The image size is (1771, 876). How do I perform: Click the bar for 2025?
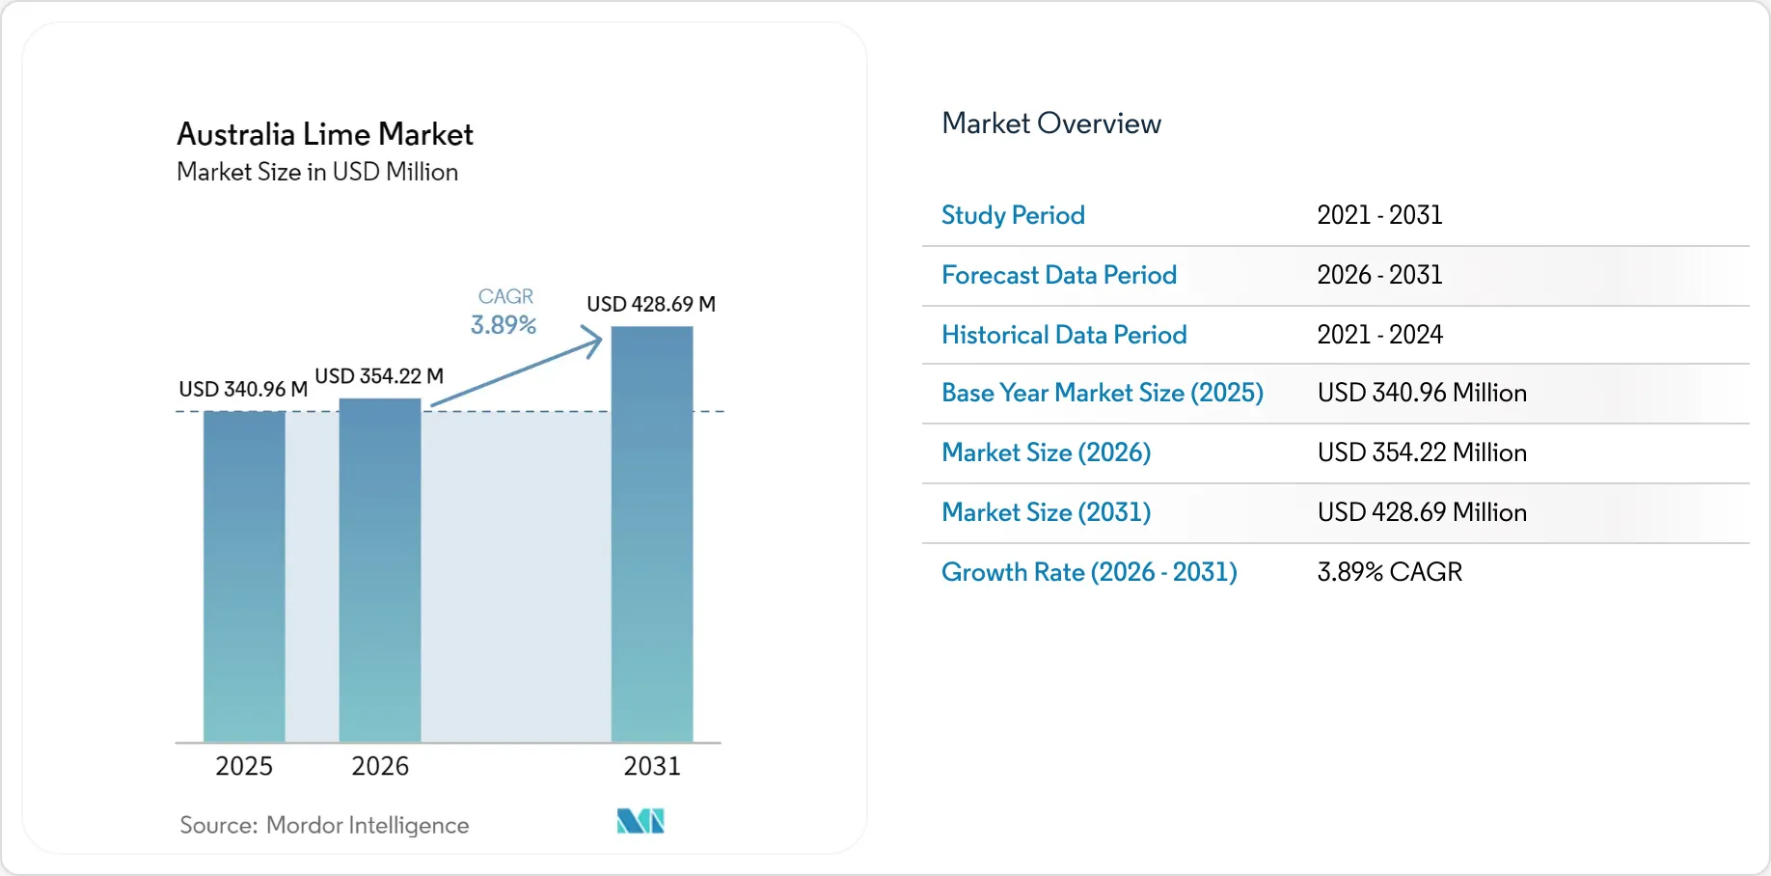click(x=244, y=577)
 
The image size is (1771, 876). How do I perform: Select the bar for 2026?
click(x=380, y=570)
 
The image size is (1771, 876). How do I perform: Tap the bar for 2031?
click(x=652, y=534)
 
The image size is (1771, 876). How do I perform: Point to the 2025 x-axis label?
click(x=244, y=766)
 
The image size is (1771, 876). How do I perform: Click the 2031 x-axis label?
click(x=652, y=766)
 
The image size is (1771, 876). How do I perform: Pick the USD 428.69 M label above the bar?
click(x=651, y=304)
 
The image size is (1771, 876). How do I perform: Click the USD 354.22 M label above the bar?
click(x=379, y=376)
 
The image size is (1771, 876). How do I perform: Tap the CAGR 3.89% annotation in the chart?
click(x=504, y=312)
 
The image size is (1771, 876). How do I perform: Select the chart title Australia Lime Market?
click(x=325, y=134)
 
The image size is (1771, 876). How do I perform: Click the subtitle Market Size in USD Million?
click(x=317, y=172)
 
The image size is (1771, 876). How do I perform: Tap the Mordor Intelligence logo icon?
click(x=640, y=821)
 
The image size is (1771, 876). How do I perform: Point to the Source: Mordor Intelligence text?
click(x=324, y=825)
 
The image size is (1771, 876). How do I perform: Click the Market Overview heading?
click(x=1051, y=123)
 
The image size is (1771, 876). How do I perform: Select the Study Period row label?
click(x=1013, y=215)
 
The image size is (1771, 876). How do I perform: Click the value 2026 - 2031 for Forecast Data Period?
click(x=1380, y=275)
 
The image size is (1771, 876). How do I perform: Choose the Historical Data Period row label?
click(x=1064, y=335)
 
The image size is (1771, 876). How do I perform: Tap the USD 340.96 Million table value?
click(x=1422, y=393)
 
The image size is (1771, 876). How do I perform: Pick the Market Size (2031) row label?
click(x=1047, y=512)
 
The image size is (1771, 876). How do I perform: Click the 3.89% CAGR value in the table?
click(x=1390, y=572)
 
